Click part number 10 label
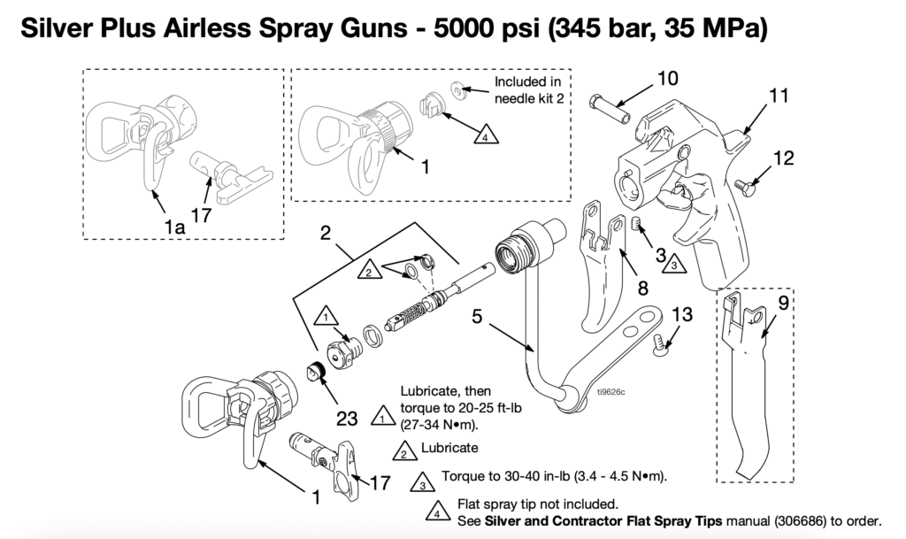667,79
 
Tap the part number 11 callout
778,96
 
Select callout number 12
784,158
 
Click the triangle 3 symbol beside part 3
672,263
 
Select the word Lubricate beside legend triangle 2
449,448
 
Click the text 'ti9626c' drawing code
610,391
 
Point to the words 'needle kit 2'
529,98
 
